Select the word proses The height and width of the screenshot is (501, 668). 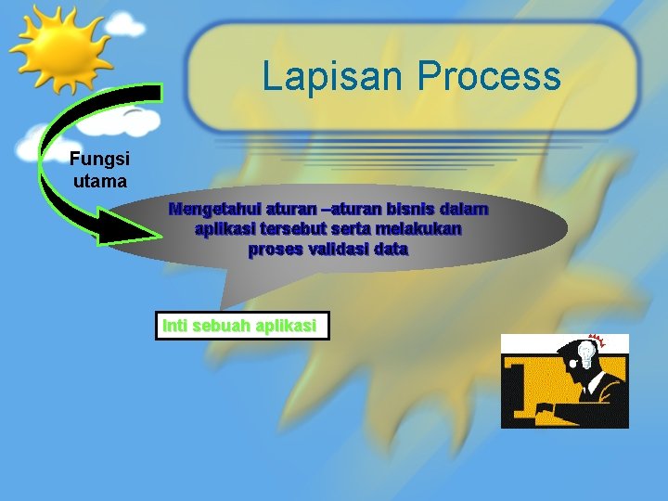click(274, 250)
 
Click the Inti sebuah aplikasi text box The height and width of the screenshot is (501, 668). click(241, 327)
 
